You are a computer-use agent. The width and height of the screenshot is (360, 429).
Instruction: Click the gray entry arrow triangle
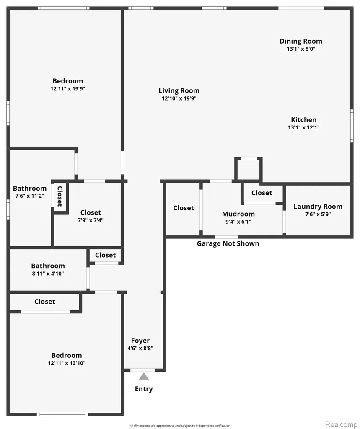(x=144, y=377)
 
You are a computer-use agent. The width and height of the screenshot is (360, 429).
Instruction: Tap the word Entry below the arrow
(x=144, y=389)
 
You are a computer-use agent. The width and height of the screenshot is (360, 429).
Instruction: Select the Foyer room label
(x=140, y=341)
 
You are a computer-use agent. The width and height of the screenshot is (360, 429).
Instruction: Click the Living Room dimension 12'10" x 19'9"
(x=179, y=98)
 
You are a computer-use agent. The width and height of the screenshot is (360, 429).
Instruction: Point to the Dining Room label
(x=301, y=41)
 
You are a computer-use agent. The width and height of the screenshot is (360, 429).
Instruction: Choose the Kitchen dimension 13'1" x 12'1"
(x=303, y=127)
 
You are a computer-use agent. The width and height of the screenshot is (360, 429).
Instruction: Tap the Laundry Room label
(x=318, y=207)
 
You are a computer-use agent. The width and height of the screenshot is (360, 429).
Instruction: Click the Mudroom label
(x=238, y=214)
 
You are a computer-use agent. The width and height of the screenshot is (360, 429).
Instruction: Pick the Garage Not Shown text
(x=228, y=243)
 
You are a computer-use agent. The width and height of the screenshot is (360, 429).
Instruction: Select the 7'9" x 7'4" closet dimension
(x=91, y=220)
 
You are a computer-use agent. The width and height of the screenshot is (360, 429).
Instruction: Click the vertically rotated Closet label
(x=60, y=196)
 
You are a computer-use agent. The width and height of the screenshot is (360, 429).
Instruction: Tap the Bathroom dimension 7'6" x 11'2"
(x=30, y=196)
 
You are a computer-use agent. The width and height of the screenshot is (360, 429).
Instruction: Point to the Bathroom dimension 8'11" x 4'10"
(x=48, y=274)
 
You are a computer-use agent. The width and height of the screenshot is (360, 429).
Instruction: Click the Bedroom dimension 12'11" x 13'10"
(x=67, y=363)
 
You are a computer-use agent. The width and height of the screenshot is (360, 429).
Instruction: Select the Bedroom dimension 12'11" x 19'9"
(x=67, y=89)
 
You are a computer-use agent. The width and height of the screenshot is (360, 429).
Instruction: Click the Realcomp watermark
(x=341, y=424)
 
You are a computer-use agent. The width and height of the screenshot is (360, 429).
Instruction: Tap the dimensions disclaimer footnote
(x=180, y=426)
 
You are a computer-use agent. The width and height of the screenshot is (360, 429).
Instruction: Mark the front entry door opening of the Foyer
(x=142, y=370)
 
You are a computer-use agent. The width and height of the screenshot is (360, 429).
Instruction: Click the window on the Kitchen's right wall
(x=352, y=126)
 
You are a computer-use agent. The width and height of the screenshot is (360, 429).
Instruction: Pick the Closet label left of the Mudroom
(x=184, y=208)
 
